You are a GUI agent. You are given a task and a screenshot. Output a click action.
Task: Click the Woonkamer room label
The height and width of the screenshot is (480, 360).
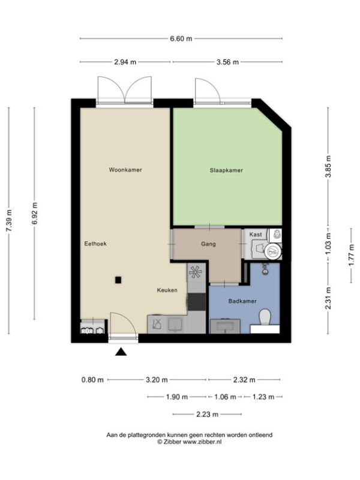coord(125,170)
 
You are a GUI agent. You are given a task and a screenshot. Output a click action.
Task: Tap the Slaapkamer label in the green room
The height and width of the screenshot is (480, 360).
coord(226,170)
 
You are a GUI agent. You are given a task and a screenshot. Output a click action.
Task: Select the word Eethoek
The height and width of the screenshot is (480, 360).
coord(95,244)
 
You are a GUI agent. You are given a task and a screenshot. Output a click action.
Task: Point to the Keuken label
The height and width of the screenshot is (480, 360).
coord(167,290)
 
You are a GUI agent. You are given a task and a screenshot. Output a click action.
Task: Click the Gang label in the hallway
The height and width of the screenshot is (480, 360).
coord(208,244)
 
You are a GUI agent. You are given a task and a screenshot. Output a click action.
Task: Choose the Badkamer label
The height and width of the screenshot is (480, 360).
coord(242,301)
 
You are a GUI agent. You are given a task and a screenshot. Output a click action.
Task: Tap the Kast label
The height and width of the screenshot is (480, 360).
coord(256,235)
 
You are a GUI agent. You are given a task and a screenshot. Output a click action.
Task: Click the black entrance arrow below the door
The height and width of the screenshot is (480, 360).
coord(121,352)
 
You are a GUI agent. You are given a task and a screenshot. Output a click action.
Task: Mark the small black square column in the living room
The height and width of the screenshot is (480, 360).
coord(118,280)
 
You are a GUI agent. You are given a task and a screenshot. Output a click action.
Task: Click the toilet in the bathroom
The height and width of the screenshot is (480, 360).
coord(265,317)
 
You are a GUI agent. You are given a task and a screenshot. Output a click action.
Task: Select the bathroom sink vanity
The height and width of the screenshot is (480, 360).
coord(225,326)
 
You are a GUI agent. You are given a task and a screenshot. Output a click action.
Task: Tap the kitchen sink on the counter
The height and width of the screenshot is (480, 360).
coord(176,324)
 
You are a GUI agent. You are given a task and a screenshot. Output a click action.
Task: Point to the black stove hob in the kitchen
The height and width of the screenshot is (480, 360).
coord(197,302)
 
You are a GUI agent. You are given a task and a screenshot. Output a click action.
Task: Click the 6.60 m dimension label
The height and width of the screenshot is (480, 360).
coord(181,38)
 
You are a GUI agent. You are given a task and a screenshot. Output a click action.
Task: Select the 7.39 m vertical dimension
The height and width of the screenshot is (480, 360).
coord(9,221)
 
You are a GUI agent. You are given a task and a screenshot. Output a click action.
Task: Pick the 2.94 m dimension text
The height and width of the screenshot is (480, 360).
coord(125,62)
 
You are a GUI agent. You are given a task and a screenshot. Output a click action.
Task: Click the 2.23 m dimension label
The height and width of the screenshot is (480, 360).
coord(207,415)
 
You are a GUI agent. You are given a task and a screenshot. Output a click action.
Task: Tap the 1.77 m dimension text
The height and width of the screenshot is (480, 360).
coord(352,255)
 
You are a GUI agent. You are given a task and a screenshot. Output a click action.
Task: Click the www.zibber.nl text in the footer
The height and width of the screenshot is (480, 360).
coord(202,442)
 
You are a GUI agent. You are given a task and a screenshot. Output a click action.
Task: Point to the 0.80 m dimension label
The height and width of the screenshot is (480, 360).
coord(92,380)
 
